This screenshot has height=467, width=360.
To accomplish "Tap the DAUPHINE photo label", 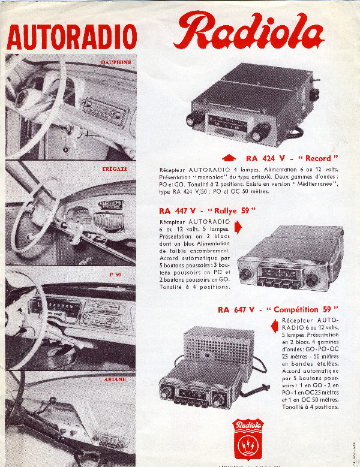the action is pyautogui.click(x=116, y=62).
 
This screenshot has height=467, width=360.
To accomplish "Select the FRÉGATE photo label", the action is pyautogui.click(x=115, y=169).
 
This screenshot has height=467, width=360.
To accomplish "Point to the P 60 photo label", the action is pyautogui.click(x=115, y=275).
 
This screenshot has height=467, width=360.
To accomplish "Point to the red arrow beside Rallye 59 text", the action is pyautogui.click(x=238, y=227).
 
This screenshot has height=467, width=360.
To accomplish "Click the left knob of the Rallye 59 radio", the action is pyautogui.click(x=245, y=275).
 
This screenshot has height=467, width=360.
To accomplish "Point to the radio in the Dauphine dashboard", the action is pyautogui.click(x=103, y=109).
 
